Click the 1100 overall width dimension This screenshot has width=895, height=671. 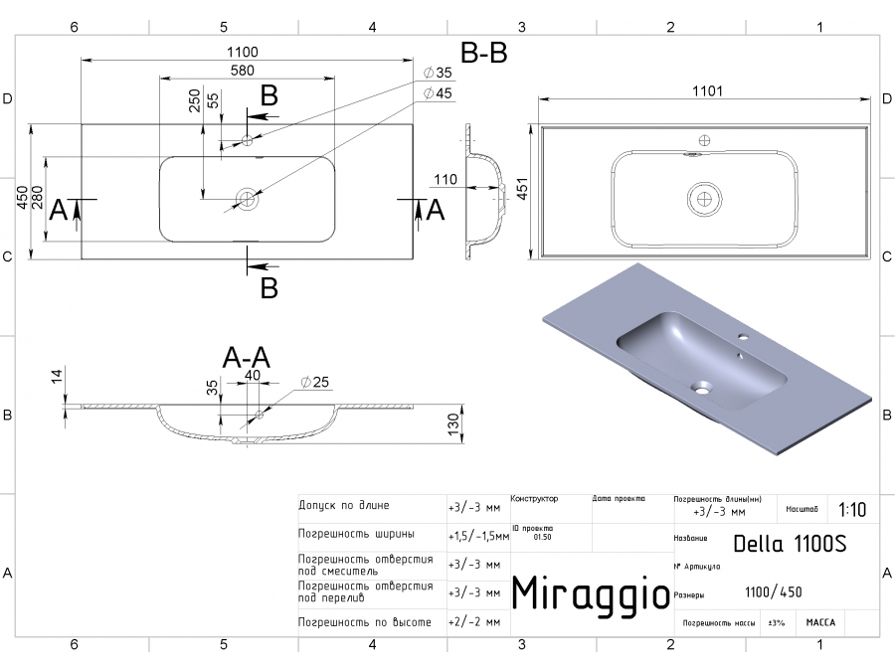pyautogui.click(x=243, y=52)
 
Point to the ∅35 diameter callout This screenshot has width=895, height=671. pyautogui.click(x=438, y=74)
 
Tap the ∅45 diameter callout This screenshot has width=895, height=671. pyautogui.click(x=438, y=93)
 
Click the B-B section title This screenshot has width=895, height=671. pyautogui.click(x=484, y=54)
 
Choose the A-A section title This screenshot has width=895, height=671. pyautogui.click(x=247, y=357)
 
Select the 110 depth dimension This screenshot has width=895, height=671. pyautogui.click(x=445, y=180)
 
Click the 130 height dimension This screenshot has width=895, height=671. pyautogui.click(x=452, y=423)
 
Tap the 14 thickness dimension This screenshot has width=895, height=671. pyautogui.click(x=57, y=376)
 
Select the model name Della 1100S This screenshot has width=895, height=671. pyautogui.click(x=789, y=544)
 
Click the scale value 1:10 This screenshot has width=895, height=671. pyautogui.click(x=851, y=510)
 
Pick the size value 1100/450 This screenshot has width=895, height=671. pyautogui.click(x=773, y=592)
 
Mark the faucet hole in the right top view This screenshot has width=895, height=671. pyautogui.click(x=705, y=141)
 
